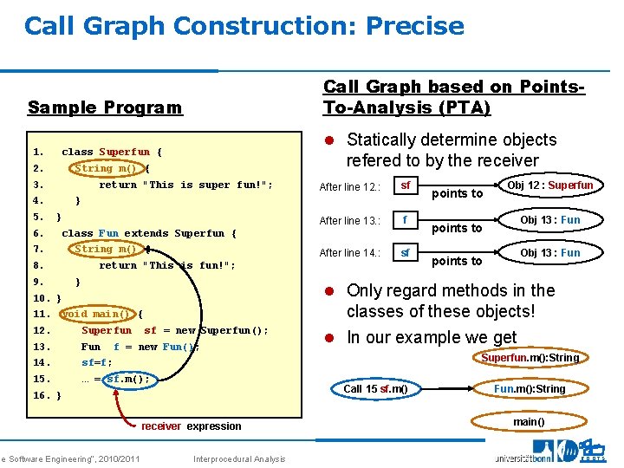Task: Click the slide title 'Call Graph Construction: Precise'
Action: [x=244, y=26]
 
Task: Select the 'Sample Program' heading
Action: [x=105, y=107]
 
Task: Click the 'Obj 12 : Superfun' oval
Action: [x=549, y=185]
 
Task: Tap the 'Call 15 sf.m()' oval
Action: [x=375, y=389]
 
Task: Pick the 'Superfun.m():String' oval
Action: [x=530, y=358]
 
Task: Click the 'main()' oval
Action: [x=529, y=422]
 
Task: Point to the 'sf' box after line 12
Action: [x=405, y=186]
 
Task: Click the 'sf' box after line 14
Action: [x=405, y=253]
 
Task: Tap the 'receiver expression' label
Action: [x=191, y=426]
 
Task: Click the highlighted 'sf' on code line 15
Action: [x=114, y=379]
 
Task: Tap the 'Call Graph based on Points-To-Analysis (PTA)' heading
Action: [x=452, y=97]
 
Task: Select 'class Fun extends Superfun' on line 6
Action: [x=148, y=233]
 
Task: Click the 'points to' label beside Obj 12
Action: [x=457, y=193]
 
